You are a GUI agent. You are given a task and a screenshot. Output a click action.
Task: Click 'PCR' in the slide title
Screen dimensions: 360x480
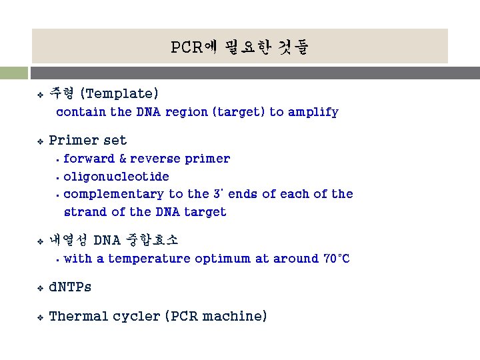183,47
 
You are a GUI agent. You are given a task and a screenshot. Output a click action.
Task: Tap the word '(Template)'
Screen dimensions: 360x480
119,93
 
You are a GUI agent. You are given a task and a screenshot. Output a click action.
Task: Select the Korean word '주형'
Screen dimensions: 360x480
61,93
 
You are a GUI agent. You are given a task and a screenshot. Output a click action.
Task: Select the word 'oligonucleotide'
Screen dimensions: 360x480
116,177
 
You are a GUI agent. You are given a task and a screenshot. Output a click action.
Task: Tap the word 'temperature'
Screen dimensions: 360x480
149,259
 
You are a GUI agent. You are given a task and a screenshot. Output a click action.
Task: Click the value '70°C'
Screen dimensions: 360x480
335,259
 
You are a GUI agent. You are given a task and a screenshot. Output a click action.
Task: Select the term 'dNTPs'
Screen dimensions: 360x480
71,287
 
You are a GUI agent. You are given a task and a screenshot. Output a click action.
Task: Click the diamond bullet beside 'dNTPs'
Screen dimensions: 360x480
40,288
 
